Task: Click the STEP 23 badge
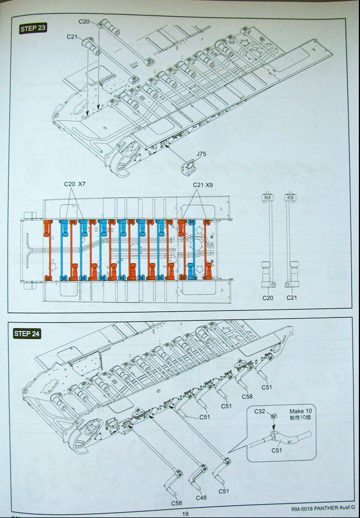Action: tap(33, 28)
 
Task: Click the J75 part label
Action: tap(201, 154)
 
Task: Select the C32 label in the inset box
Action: tap(260, 412)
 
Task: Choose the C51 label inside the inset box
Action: tap(277, 450)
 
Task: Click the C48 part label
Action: tap(201, 497)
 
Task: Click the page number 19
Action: tap(185, 514)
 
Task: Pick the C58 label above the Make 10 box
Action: tap(247, 397)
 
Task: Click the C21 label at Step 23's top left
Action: tap(72, 36)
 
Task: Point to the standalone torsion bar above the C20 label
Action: tap(266, 242)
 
